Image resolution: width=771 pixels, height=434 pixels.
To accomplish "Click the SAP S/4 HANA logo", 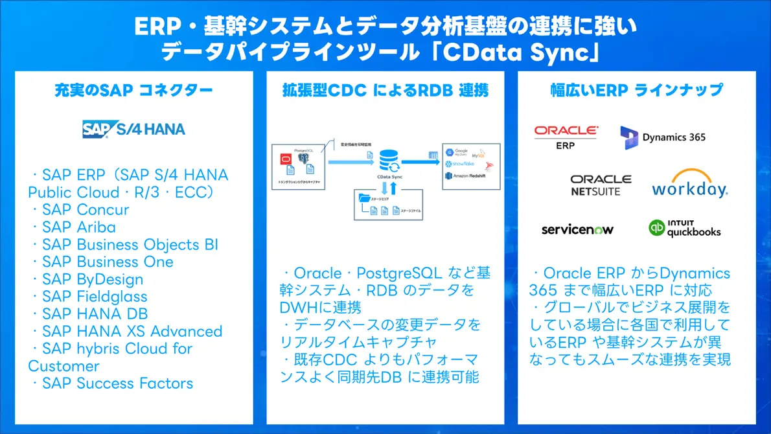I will pyautogui.click(x=133, y=129).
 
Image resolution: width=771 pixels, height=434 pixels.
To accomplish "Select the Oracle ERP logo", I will pyautogui.click(x=565, y=137).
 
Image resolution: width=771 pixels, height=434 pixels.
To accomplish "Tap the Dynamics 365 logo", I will pyautogui.click(x=663, y=137).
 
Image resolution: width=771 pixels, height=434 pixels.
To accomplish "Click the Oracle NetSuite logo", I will pyautogui.click(x=600, y=184).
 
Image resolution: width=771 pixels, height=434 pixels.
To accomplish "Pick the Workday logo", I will pyautogui.click(x=689, y=184).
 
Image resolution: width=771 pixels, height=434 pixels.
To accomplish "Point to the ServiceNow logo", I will pyautogui.click(x=577, y=229).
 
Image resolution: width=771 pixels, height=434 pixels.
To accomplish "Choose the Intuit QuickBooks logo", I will pyautogui.click(x=684, y=228).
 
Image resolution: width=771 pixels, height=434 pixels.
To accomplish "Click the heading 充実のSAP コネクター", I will pyautogui.click(x=133, y=90).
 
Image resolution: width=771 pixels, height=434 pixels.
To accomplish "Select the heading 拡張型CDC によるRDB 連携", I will pyautogui.click(x=385, y=90).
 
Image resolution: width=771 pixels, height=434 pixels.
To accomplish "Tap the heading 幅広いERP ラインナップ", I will pyautogui.click(x=636, y=90).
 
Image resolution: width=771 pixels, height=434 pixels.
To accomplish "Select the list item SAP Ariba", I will pyautogui.click(x=78, y=227).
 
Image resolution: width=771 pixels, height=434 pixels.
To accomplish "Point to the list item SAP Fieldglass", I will pyautogui.click(x=95, y=297).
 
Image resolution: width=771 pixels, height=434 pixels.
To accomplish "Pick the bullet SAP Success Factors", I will pyautogui.click(x=117, y=383).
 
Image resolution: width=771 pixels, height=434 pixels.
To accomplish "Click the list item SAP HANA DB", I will pyautogui.click(x=95, y=314).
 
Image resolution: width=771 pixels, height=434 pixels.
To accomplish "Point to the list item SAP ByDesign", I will pyautogui.click(x=93, y=279).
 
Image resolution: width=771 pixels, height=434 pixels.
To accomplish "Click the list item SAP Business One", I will pyautogui.click(x=108, y=262).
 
